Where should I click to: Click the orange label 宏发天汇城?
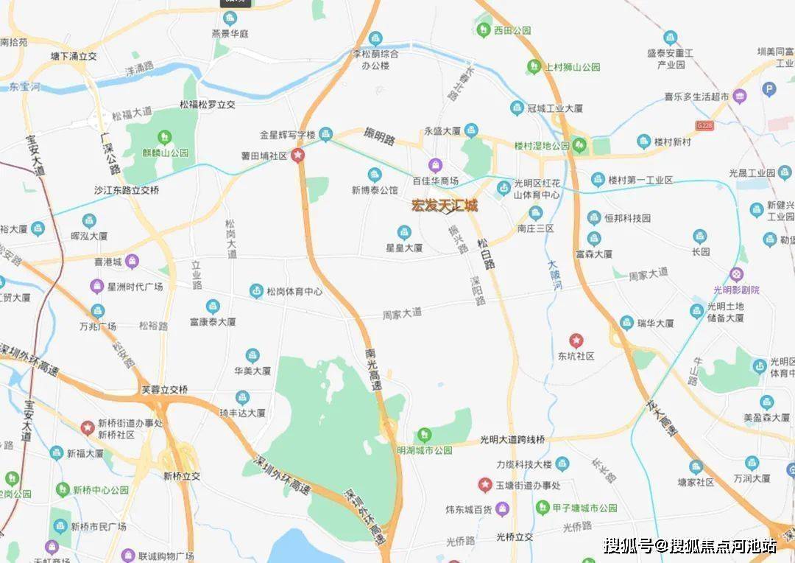point(444,206)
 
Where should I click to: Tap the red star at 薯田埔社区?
point(297,155)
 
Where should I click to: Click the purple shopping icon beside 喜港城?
point(132,260)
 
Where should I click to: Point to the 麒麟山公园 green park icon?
point(164,137)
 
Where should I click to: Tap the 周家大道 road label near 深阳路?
point(403,312)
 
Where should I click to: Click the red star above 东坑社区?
point(576,340)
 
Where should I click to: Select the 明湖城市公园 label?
point(424,450)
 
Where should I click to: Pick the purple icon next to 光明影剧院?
point(736,274)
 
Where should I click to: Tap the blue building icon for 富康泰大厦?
point(213,306)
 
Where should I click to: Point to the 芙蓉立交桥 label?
point(165,389)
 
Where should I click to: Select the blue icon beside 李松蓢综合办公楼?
point(375,38)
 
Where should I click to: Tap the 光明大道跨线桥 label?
point(512,439)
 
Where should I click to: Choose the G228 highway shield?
point(706,127)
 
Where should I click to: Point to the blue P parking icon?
point(769,90)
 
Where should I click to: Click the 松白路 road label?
point(486,253)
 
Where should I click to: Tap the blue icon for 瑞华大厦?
point(626,322)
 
